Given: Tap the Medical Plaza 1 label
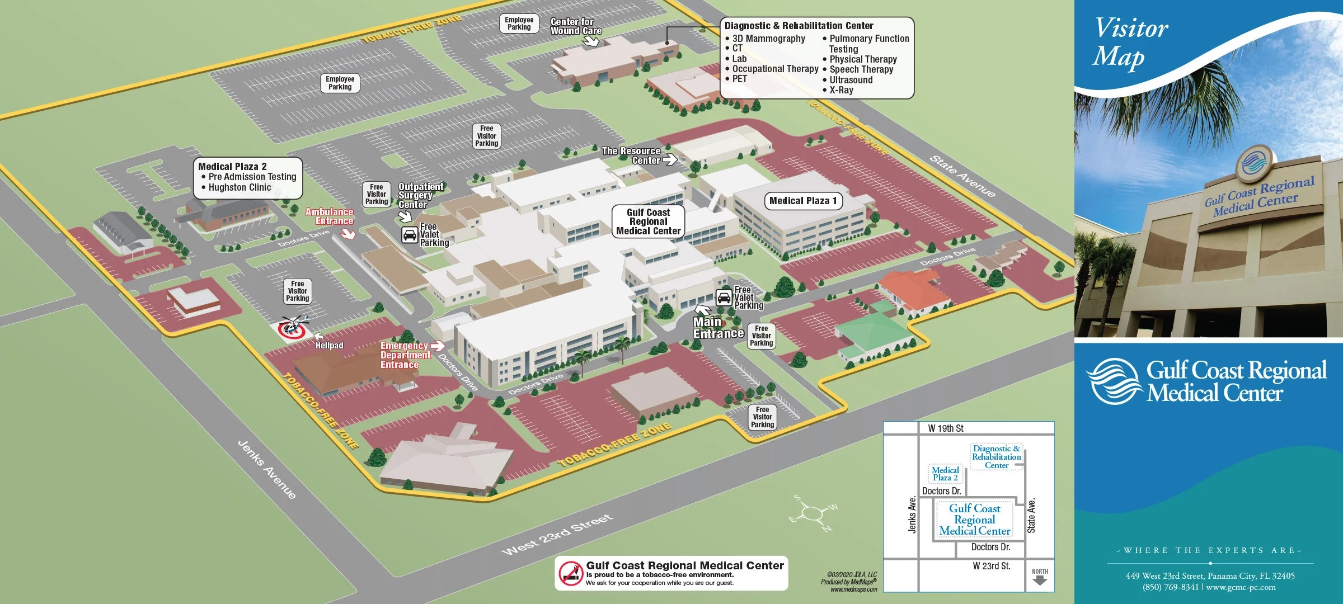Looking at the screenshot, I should (x=803, y=201).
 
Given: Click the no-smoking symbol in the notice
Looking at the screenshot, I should (x=571, y=573).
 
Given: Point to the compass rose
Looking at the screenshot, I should (x=812, y=513).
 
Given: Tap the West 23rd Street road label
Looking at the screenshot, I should (x=557, y=535).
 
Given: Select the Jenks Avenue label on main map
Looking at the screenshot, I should (x=267, y=469).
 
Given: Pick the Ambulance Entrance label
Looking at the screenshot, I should (x=330, y=216).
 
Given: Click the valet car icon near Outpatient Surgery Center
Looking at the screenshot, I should (x=410, y=235).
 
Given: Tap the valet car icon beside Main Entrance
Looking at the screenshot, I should (x=724, y=298).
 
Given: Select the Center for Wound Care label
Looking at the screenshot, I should (x=576, y=26).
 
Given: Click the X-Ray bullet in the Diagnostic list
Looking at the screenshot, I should (x=840, y=90).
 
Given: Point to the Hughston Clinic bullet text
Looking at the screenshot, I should (x=240, y=187).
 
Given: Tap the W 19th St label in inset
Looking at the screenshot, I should (x=946, y=428).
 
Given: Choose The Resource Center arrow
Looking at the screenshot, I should (x=670, y=160).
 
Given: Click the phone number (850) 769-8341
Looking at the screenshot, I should (x=1170, y=587).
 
